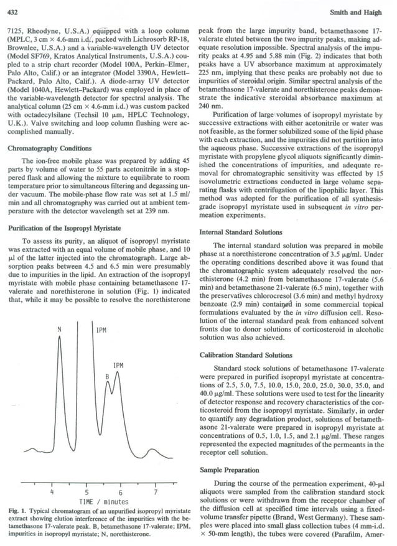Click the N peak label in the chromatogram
[60, 328]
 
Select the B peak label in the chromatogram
[106, 377]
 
